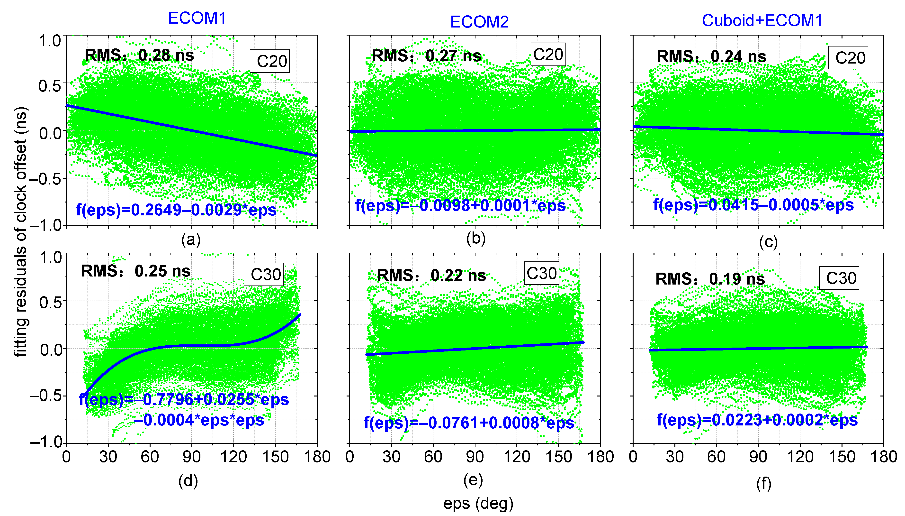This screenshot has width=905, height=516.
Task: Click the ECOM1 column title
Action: coord(197,18)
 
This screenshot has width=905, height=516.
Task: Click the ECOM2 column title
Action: coord(479,22)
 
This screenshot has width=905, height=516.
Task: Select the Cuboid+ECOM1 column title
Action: coord(762,20)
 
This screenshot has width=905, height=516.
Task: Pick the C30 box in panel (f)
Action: coord(841,278)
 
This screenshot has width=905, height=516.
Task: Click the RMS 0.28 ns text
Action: coord(139,55)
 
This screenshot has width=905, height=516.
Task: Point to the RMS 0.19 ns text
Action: coord(710,279)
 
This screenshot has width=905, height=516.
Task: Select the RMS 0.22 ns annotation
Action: coord(431,275)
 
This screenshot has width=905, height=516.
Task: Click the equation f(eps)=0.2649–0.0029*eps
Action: coord(176,210)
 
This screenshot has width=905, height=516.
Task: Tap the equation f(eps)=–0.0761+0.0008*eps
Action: coord(469,423)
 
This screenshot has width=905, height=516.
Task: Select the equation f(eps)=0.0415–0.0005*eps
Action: coord(753,205)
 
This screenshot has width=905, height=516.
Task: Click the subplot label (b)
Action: coord(475,239)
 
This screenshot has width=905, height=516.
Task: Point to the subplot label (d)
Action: coord(188,481)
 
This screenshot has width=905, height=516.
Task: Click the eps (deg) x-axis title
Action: coord(478,503)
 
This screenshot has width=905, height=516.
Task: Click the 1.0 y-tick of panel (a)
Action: coord(50,41)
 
